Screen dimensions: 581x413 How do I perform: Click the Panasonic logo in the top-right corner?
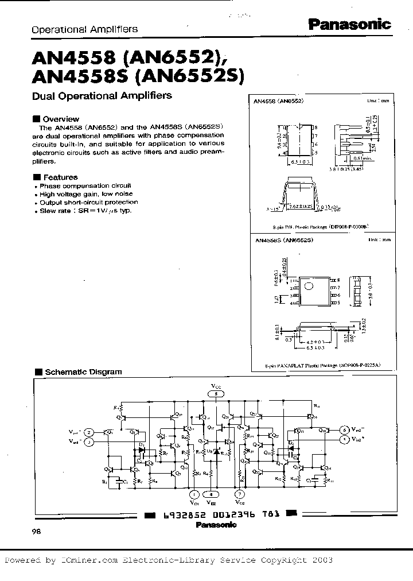pyautogui.click(x=350, y=24)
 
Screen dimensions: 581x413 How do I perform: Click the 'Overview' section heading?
pyautogui.click(x=56, y=119)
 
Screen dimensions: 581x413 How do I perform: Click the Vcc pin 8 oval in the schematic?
pyautogui.click(x=216, y=394)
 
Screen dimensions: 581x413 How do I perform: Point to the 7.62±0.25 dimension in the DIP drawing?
pyautogui.click(x=300, y=206)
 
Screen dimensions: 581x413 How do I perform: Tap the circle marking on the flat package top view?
pyautogui.click(x=307, y=286)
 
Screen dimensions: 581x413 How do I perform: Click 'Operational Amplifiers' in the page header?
pyautogui.click(x=84, y=29)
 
